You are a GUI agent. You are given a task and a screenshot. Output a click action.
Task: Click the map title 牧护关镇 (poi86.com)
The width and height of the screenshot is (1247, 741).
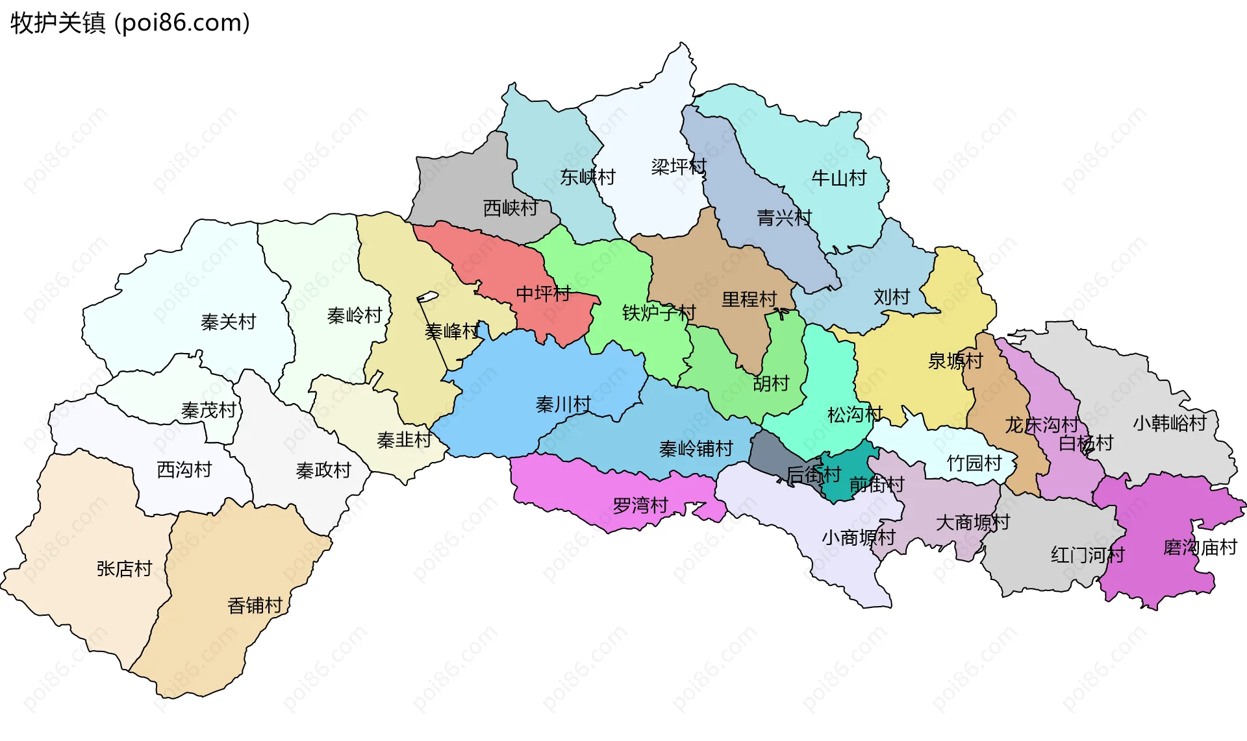[130, 23]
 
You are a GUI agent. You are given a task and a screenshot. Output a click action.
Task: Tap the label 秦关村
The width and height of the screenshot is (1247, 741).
[228, 322]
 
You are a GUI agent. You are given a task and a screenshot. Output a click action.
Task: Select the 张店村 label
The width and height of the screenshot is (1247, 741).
[124, 569]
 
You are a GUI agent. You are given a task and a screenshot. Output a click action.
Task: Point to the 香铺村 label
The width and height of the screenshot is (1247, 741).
[255, 605]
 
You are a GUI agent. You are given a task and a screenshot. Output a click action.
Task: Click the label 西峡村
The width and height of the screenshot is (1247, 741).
[510, 208]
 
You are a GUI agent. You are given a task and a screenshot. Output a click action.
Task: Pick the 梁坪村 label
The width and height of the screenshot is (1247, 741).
[679, 167]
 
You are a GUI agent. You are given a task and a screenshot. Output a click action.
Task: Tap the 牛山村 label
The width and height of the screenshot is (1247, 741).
[839, 178]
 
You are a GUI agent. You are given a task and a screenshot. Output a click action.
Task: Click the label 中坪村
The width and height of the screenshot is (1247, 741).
[543, 294]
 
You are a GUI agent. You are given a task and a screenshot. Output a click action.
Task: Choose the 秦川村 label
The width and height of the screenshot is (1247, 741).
[563, 405]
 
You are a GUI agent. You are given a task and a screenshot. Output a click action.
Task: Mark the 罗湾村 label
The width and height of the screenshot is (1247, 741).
[640, 505]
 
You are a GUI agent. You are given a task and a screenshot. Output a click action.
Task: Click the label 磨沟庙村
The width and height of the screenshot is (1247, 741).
[1200, 548]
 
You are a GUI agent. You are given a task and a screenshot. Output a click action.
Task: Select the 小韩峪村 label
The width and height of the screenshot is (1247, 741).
[1170, 423]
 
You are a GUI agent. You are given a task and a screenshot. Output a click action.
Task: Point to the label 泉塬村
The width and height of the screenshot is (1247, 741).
[955, 361]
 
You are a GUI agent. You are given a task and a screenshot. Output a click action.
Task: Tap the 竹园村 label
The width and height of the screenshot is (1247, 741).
[974, 463]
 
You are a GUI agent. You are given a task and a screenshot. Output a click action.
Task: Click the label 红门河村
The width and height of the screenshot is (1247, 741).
[1087, 555]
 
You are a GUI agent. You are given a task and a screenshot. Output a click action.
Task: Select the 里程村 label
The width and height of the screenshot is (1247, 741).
[749, 299]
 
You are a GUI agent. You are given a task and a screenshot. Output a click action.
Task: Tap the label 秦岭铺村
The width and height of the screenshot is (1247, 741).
[696, 448]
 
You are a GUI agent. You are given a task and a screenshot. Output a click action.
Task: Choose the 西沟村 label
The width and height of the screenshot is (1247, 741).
[184, 469]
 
